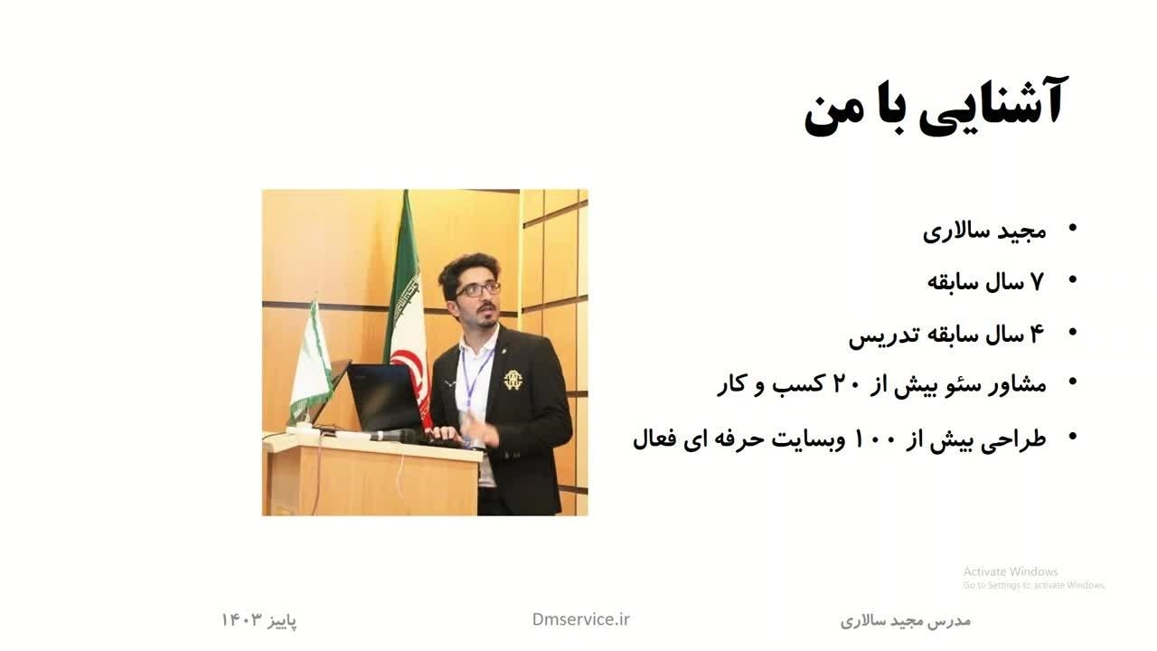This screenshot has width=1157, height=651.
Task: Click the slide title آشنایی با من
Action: pos(934,107)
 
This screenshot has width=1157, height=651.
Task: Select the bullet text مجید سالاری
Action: pos(984,231)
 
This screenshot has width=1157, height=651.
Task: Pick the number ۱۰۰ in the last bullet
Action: pos(877,439)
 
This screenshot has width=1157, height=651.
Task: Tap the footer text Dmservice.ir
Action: pos(581,619)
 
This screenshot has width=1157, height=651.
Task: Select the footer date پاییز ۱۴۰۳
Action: pos(259,620)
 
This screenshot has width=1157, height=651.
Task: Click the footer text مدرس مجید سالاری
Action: pos(906,620)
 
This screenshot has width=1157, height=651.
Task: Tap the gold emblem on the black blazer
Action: pos(512,381)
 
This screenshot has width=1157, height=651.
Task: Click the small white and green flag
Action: pos(311,362)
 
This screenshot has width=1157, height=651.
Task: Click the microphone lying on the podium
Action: pos(393,436)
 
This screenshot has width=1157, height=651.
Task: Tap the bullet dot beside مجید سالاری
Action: pos(1072,227)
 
